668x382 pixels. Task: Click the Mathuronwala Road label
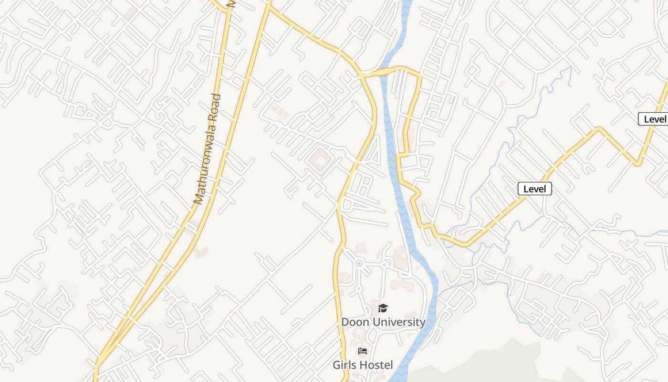point(208,149)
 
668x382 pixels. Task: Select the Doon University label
point(383,322)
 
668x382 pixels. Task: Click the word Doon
point(355,322)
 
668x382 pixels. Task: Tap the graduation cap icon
point(383,308)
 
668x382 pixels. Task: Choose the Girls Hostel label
point(363,365)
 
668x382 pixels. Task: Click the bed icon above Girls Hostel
point(363,351)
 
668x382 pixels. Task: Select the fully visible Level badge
point(534,189)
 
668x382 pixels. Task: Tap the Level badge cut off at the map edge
point(654,119)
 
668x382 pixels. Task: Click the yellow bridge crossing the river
point(384,72)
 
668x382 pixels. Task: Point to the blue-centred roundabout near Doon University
point(359,263)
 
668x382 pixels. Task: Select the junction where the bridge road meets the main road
point(361,75)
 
